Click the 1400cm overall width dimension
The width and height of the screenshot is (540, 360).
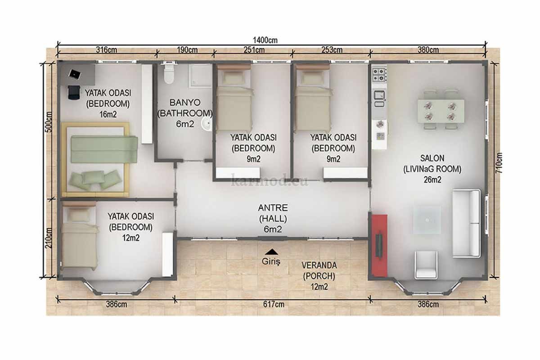tap(265, 40)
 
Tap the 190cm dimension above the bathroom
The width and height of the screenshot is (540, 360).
tap(187, 50)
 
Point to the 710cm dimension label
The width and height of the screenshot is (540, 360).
tap(499, 163)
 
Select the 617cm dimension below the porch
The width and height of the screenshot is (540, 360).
tap(274, 304)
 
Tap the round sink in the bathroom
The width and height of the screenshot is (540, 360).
tap(207, 124)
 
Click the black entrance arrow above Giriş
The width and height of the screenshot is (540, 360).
tap(271, 252)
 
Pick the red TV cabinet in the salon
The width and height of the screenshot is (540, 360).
tap(379, 245)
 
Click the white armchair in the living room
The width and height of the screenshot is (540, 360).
tap(426, 265)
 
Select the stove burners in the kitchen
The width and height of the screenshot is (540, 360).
tap(379, 75)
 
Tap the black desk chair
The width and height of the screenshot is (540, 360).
tap(74, 92)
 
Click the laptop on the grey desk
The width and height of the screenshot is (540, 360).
tap(75, 74)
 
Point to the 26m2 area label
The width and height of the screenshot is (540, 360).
tap(432, 180)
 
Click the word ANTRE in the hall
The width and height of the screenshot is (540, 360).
tap(273, 207)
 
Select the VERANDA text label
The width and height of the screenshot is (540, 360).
tap(319, 265)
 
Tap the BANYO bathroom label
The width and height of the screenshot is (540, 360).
tap(185, 103)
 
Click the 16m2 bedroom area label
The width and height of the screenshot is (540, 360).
tap(108, 114)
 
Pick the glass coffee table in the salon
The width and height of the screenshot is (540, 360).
tap(427, 220)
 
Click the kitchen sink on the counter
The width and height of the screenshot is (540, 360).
tap(379, 95)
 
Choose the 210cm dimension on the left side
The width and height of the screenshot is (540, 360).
tap(49, 238)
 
